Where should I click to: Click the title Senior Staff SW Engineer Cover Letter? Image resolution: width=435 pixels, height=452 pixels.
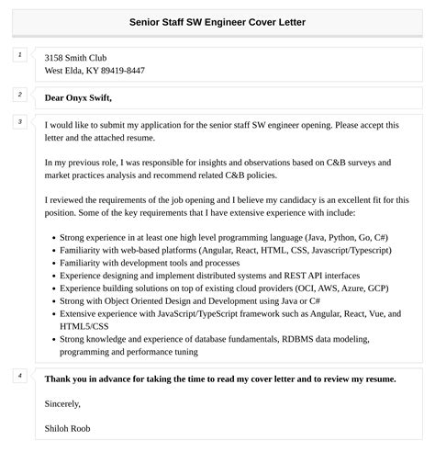tap(217, 21)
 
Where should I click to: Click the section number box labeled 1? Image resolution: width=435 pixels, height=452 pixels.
tap(20, 56)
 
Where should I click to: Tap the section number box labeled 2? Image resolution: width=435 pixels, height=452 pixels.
tap(20, 95)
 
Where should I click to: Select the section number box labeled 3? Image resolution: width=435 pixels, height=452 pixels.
tap(20, 122)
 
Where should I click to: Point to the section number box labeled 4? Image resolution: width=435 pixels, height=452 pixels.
tap(20, 376)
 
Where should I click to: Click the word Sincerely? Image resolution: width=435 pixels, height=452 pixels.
tap(62, 403)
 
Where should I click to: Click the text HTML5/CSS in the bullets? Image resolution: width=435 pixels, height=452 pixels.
tap(84, 326)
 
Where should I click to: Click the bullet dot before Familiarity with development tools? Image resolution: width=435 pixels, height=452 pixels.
tap(52, 262)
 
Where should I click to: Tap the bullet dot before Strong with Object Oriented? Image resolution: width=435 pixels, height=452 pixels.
tap(52, 300)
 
